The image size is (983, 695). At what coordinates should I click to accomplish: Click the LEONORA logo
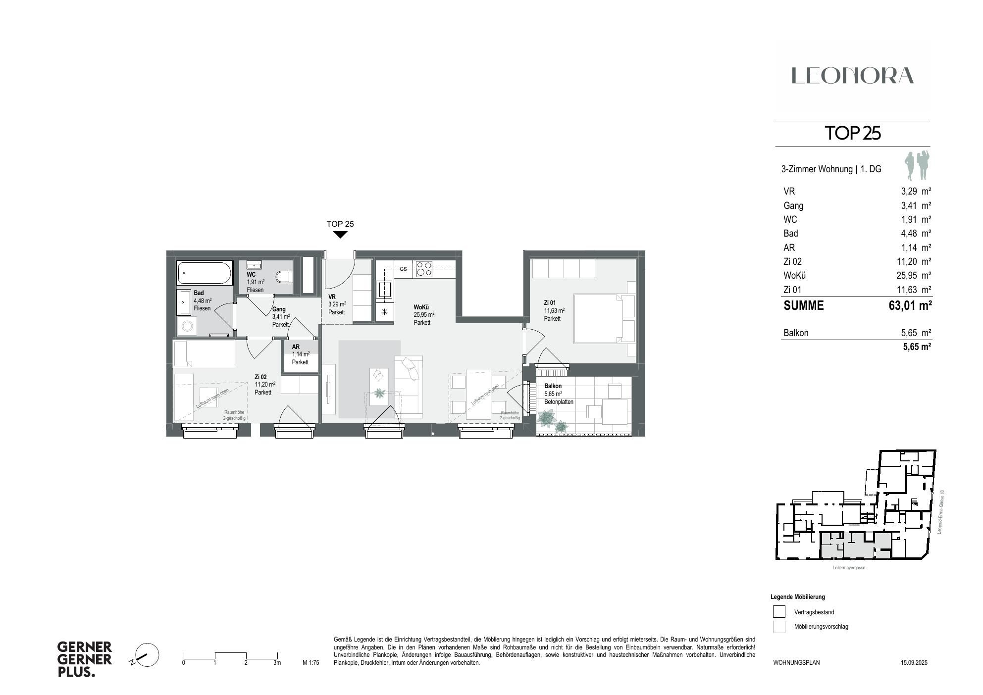(x=852, y=76)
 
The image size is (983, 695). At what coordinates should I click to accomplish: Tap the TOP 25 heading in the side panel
(x=852, y=134)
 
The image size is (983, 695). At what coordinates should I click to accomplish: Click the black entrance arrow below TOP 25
(x=340, y=235)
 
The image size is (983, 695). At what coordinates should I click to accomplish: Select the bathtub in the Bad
(x=205, y=273)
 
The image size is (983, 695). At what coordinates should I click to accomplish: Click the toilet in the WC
(x=284, y=277)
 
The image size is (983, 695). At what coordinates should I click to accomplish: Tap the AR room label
(x=296, y=347)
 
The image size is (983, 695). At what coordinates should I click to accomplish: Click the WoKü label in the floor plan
(x=421, y=307)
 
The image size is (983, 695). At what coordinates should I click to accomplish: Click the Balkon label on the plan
(x=553, y=386)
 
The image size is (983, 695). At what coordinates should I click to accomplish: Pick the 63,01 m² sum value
(x=910, y=305)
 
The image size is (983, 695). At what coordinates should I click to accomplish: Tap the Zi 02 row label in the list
(x=792, y=262)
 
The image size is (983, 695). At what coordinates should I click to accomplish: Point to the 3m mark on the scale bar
(x=277, y=663)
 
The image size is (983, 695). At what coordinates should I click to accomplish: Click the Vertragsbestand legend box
(x=779, y=612)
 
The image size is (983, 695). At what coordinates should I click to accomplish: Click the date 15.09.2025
(x=914, y=662)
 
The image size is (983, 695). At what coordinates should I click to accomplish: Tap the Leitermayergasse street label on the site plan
(x=849, y=568)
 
